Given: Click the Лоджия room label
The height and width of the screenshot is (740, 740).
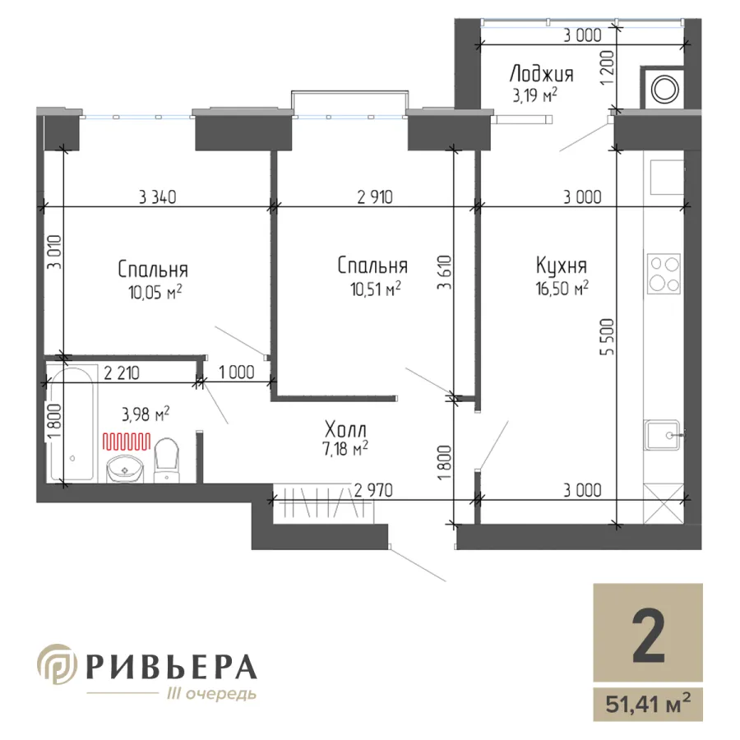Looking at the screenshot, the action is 541,75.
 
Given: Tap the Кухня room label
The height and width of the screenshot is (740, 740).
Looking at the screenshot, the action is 562,266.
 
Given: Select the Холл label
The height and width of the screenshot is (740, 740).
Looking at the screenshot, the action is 345,430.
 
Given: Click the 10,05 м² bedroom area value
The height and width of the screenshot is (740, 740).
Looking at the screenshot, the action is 155,293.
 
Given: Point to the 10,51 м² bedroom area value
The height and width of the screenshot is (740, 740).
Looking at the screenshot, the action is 376,289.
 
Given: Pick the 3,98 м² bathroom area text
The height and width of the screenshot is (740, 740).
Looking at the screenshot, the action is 146,414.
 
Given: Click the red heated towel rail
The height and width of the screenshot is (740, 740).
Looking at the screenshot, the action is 127,442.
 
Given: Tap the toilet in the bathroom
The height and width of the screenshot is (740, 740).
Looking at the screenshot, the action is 167,460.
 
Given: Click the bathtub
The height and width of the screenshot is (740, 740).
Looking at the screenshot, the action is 72,423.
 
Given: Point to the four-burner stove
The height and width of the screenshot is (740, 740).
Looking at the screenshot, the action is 664,273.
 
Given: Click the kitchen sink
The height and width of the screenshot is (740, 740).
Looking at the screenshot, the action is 663,435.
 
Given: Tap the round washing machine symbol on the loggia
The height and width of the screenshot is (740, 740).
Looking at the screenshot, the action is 665,89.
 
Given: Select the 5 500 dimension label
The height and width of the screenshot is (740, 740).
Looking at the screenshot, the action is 608,337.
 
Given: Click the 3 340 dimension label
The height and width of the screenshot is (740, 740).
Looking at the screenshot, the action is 158,197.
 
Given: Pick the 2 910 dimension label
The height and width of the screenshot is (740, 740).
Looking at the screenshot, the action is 375,197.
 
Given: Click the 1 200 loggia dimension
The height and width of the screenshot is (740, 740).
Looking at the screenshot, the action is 608,67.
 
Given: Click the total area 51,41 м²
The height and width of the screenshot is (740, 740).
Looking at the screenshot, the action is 648,705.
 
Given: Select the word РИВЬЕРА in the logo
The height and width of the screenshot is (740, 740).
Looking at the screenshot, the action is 172,667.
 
